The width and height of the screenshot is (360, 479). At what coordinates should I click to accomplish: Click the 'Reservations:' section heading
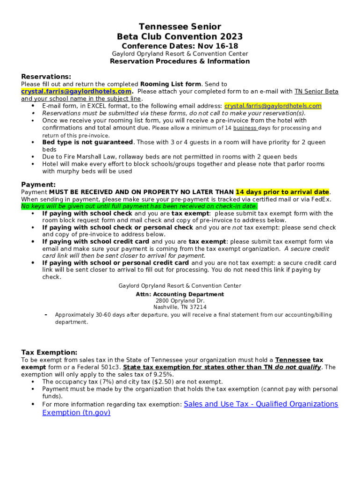pos(46,77)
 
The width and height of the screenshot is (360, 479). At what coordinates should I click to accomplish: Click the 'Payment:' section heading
pos(38,185)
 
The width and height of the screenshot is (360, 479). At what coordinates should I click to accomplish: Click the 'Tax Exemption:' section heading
pos(49,352)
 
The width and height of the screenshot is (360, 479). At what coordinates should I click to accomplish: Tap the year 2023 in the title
pos(230,36)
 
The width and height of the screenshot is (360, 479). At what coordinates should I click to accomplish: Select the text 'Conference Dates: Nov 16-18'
pos(180,46)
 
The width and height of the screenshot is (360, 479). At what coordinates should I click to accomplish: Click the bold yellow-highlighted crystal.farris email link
pos(76,91)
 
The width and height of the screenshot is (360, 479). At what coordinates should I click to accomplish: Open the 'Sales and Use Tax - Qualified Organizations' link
pos(261,404)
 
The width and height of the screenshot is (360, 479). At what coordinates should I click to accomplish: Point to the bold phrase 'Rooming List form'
pos(171,84)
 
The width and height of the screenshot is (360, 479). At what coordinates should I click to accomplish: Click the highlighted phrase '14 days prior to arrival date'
pos(282,192)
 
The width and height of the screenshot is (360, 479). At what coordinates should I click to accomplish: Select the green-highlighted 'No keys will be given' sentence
pos(139,206)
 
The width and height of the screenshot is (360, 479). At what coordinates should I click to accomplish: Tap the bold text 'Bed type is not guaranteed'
pos(87,142)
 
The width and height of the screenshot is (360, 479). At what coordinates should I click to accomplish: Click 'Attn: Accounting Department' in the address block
pos(180,294)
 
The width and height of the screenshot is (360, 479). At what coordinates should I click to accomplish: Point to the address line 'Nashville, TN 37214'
pos(180,307)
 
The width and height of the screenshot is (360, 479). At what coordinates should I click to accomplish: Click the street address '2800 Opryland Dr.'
pos(180,301)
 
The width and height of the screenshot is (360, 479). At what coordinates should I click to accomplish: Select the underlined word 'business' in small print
pos(245,128)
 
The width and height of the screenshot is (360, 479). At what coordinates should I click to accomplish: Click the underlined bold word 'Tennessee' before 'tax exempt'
pos(293,360)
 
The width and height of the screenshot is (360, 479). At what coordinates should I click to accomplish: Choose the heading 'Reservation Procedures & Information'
pos(180,61)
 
